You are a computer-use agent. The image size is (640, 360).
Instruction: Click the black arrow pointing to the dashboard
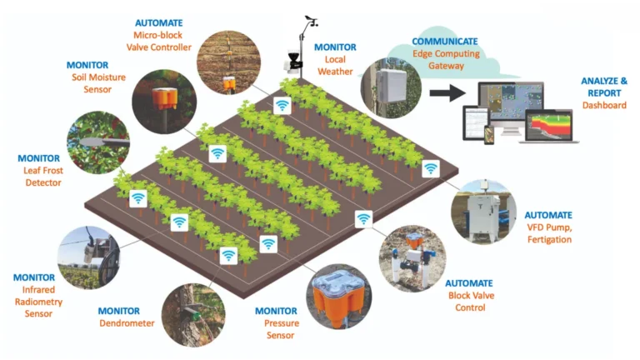click(447, 93)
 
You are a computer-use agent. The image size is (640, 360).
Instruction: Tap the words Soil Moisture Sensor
click(98, 83)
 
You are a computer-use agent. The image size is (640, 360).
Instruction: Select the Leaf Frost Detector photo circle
click(98, 142)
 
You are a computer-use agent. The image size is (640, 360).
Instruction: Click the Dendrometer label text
click(127, 323)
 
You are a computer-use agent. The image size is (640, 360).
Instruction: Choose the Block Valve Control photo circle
click(412, 258)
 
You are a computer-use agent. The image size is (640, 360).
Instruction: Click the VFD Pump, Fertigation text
click(549, 233)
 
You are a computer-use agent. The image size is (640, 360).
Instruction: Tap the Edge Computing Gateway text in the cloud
click(446, 60)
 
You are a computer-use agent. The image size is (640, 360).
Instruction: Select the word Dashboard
click(604, 105)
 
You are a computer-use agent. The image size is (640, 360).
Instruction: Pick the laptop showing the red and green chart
click(549, 126)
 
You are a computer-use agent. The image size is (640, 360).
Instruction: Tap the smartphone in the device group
click(489, 135)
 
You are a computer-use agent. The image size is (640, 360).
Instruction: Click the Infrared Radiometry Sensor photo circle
click(89, 257)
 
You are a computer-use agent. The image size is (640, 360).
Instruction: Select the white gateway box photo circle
click(391, 87)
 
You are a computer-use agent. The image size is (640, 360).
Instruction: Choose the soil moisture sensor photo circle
click(164, 102)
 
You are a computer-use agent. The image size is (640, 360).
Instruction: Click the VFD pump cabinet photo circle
click(483, 212)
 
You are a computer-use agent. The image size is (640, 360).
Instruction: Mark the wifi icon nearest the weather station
click(282, 106)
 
